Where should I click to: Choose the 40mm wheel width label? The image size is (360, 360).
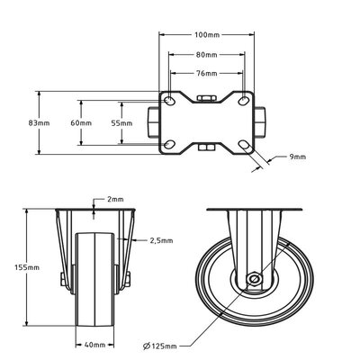pyautogui.click(x=96, y=343)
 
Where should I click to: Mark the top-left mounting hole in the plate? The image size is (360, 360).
pyautogui.click(x=168, y=98)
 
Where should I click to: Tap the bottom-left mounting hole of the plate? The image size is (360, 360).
pyautogui.click(x=168, y=144)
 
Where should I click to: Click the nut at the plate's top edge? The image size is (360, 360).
pyautogui.click(x=204, y=95)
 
